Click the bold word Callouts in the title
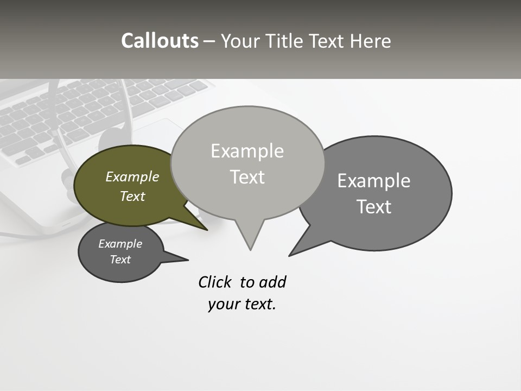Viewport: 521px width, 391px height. tap(160, 41)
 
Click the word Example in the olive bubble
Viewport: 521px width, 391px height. tap(132, 176)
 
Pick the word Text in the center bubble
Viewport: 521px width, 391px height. tap(247, 177)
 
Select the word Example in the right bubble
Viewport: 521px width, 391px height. tap(374, 181)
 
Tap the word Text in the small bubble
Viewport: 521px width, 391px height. tap(120, 260)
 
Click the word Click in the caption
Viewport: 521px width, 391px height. tap(214, 282)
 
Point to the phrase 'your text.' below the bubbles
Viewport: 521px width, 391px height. tap(242, 304)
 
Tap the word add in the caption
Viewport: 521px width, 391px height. tap(272, 282)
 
